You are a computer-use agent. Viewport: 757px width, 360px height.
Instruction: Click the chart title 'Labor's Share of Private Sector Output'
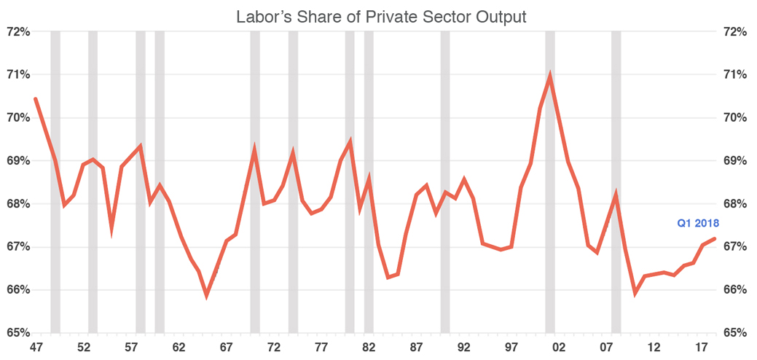click(x=381, y=16)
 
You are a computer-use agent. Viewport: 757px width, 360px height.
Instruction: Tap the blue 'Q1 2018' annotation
click(x=698, y=224)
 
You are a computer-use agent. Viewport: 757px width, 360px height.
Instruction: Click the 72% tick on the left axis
click(x=17, y=32)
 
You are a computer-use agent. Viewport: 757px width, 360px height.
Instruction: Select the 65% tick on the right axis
click(x=736, y=333)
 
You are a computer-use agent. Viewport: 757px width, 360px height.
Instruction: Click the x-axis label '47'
click(x=36, y=347)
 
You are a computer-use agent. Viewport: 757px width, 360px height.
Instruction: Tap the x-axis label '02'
click(x=559, y=347)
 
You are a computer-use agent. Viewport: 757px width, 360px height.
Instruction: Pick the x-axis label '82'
click(x=369, y=347)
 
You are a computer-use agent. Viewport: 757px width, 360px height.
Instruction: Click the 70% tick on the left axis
click(x=17, y=118)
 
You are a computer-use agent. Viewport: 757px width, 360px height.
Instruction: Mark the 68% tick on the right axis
click(x=736, y=204)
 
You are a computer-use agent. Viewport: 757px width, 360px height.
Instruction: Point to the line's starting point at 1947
click(x=36, y=98)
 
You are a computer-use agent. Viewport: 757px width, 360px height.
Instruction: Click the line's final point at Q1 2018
click(x=715, y=238)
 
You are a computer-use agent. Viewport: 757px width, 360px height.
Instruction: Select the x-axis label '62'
click(x=179, y=347)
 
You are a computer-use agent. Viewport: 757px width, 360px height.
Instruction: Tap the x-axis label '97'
click(x=511, y=347)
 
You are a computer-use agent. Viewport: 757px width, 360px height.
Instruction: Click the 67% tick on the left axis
click(x=17, y=247)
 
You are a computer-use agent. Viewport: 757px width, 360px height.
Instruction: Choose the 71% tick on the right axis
click(x=736, y=75)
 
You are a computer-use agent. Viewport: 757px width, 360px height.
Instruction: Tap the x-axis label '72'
click(x=274, y=347)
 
